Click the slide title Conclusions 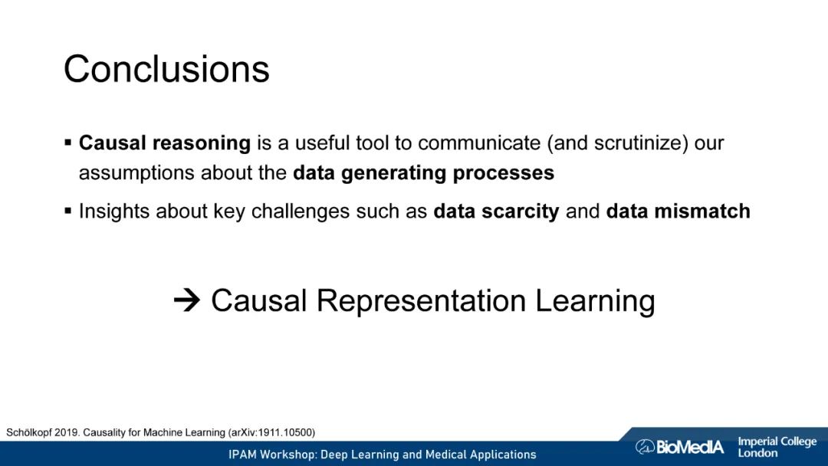[x=166, y=69]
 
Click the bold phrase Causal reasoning [x=165, y=143]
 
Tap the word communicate [x=479, y=143]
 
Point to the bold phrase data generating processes [x=423, y=173]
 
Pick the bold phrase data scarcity [x=496, y=211]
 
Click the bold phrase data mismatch [x=678, y=211]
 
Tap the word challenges [x=301, y=211]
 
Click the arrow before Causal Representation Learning [x=187, y=300]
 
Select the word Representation [x=421, y=300]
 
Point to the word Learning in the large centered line [x=595, y=300]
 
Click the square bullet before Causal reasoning [x=67, y=143]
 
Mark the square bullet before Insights [x=67, y=211]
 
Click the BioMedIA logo [x=679, y=447]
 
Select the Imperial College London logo [x=777, y=447]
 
